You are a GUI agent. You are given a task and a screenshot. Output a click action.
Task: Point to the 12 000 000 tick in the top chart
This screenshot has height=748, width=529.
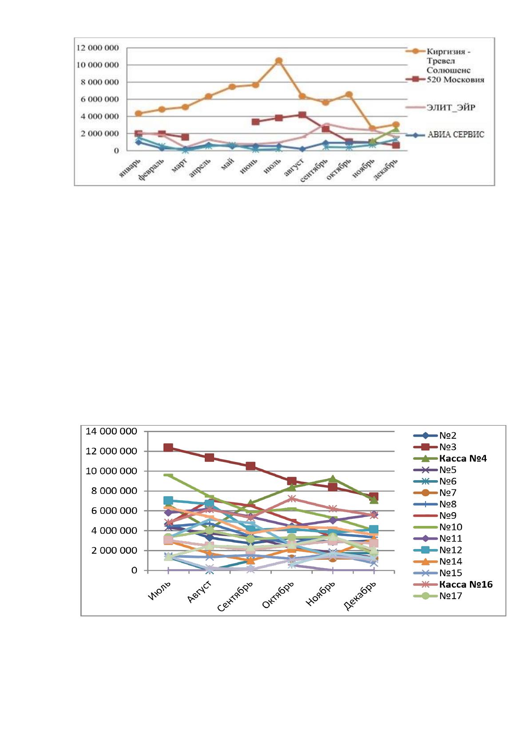click(x=98, y=48)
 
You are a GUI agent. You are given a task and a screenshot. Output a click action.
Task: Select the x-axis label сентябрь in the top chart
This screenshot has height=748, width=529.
click(x=314, y=170)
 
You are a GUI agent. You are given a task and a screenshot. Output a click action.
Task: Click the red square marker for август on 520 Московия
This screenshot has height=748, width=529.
click(x=302, y=115)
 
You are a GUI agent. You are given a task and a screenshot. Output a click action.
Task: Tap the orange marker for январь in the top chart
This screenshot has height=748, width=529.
click(x=139, y=114)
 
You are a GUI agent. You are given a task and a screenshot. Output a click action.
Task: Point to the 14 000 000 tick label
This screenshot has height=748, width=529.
click(x=111, y=431)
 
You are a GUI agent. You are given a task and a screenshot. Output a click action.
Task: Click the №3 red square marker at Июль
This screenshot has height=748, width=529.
click(x=168, y=447)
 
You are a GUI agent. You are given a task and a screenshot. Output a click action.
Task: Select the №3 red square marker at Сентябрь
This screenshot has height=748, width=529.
click(x=251, y=466)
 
